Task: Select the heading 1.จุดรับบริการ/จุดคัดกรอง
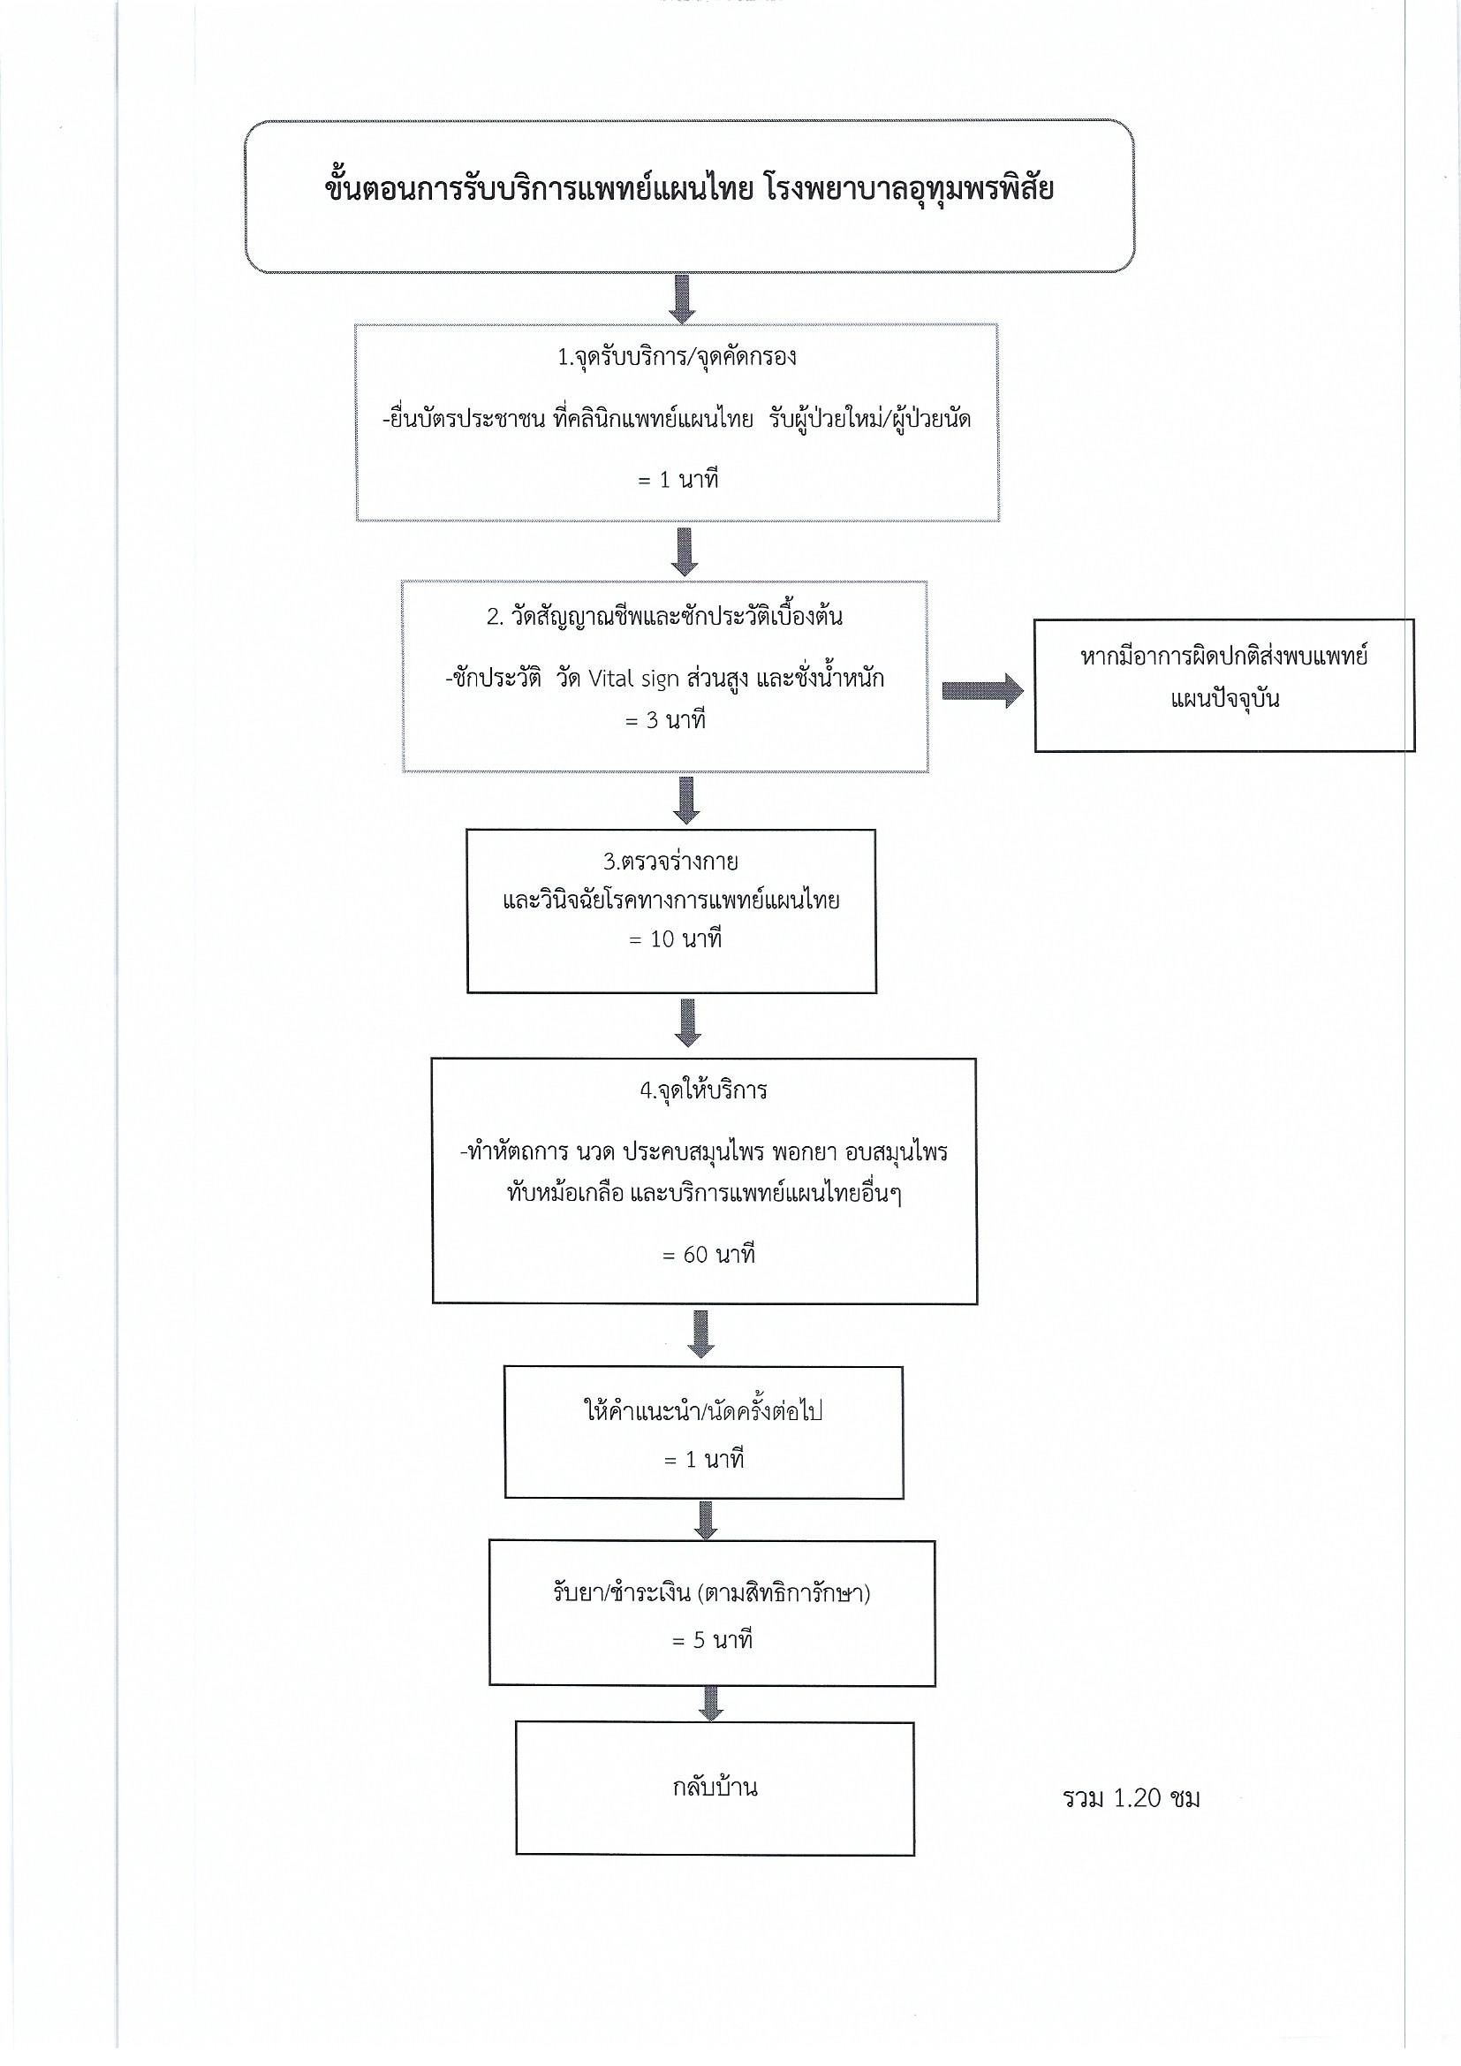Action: [677, 358]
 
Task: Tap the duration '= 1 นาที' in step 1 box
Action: [678, 480]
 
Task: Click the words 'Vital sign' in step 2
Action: [632, 679]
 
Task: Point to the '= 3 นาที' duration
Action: [665, 721]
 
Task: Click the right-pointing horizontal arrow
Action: [982, 690]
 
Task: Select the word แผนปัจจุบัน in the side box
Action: [1224, 699]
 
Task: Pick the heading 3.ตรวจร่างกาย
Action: [670, 862]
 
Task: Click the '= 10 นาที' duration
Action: [675, 939]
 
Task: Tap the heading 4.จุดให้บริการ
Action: [703, 1091]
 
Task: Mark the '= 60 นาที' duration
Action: [708, 1255]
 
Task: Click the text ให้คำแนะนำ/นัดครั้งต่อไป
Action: [703, 1410]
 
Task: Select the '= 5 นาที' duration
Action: [712, 1640]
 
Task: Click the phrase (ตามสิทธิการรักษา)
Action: [783, 1593]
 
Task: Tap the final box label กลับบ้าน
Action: [715, 1786]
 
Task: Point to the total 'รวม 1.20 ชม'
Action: [1131, 1798]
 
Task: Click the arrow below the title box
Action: [683, 299]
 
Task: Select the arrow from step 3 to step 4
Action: [687, 1022]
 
